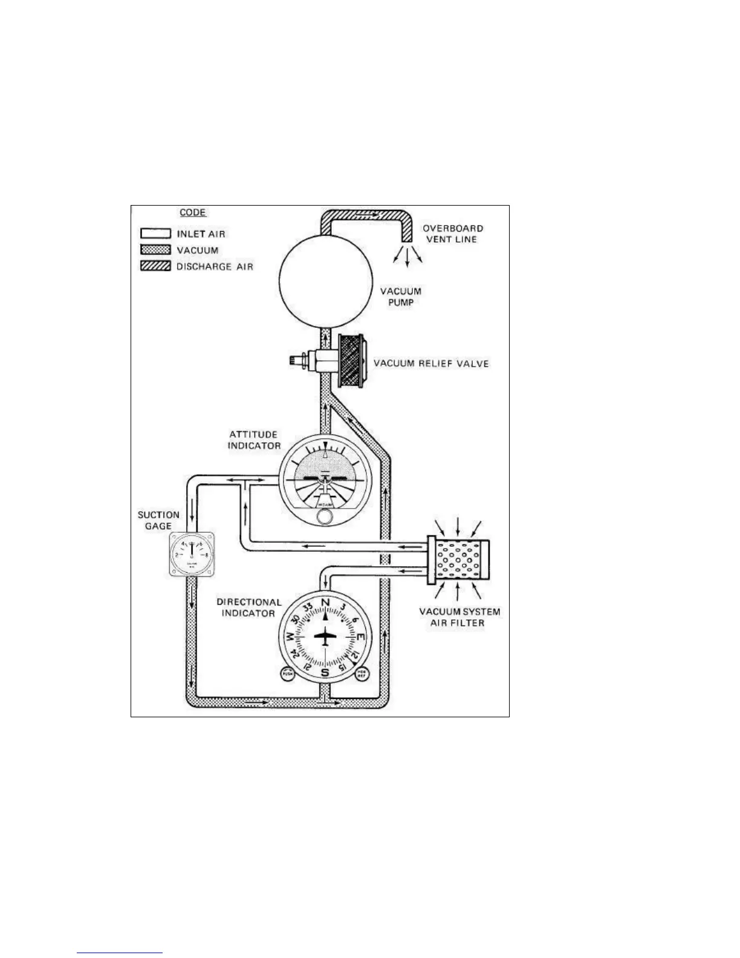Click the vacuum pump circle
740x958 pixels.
pyautogui.click(x=324, y=281)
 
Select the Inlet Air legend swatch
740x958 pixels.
pyautogui.click(x=155, y=233)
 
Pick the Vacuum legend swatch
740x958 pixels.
pyautogui.click(x=155, y=250)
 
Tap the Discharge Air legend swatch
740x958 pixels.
pyautogui.click(x=155, y=266)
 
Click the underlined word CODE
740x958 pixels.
pyautogui.click(x=193, y=213)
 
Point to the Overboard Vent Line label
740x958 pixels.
pyautogui.click(x=452, y=233)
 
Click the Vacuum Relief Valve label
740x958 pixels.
pyautogui.click(x=431, y=363)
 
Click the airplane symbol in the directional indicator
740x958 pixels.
pyautogui.click(x=325, y=637)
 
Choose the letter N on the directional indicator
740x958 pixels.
pyautogui.click(x=325, y=603)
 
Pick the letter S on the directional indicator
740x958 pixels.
pyautogui.click(x=325, y=673)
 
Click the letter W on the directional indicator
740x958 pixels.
pyautogui.click(x=290, y=637)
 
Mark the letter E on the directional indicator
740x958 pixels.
pyautogui.click(x=360, y=637)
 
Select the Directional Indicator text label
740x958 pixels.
pyautogui.click(x=249, y=608)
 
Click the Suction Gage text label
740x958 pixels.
pyautogui.click(x=158, y=521)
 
